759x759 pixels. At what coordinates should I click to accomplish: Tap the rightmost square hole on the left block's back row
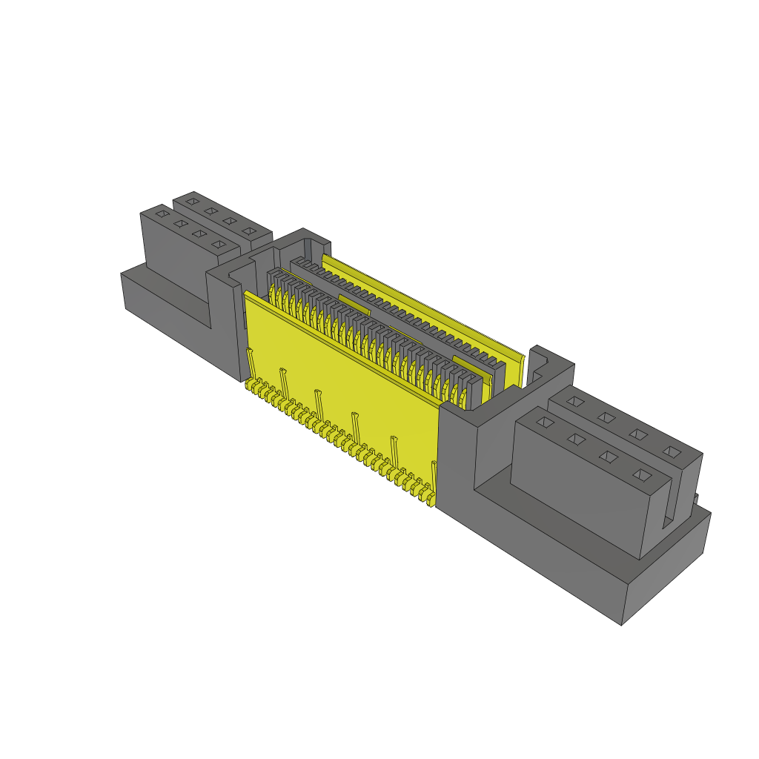248,233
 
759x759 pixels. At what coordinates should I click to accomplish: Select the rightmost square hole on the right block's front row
641,474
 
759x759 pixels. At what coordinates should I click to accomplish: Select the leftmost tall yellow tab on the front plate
251,362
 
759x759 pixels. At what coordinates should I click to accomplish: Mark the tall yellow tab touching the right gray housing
434,471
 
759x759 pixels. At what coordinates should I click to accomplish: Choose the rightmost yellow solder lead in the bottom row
430,502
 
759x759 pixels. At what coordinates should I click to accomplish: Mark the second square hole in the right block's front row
577,440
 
